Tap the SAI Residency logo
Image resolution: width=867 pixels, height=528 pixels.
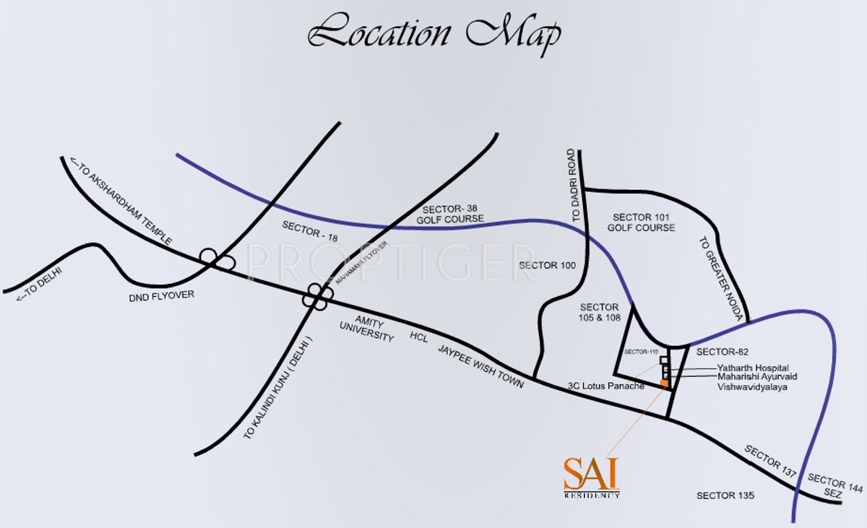click(592, 477)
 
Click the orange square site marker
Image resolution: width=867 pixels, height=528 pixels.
click(664, 384)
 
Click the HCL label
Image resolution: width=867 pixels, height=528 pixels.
click(419, 337)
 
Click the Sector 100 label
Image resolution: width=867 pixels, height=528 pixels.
click(547, 265)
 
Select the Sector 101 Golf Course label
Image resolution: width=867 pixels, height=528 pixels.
click(642, 222)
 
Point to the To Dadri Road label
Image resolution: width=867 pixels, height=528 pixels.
click(574, 186)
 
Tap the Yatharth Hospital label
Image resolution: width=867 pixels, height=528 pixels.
click(753, 368)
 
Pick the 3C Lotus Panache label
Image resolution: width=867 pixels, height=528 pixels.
click(605, 386)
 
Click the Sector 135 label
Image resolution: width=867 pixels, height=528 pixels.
click(725, 495)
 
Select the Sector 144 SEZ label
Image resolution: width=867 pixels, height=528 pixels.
click(834, 487)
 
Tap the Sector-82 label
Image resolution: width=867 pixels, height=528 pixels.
click(719, 352)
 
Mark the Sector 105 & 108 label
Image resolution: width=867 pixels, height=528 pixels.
click(600, 312)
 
